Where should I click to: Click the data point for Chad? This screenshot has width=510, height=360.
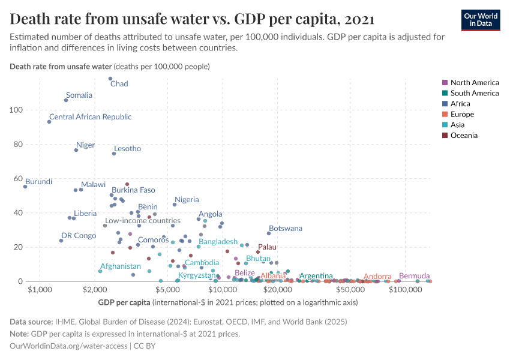coord(110,79)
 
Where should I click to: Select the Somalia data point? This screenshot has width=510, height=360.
coord(66,100)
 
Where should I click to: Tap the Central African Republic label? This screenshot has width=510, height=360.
coord(90,117)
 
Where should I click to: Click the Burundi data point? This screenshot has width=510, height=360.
coord(25,187)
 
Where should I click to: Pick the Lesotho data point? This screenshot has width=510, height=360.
coord(114,154)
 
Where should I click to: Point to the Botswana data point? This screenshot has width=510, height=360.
coord(269,233)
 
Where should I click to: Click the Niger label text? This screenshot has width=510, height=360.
coord(86,145)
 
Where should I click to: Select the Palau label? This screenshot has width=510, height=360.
coord(267,247)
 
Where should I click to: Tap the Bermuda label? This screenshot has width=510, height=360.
coord(414,276)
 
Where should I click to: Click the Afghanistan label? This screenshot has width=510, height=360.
coord(121,266)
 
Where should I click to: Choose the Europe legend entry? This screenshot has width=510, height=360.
coord(462,114)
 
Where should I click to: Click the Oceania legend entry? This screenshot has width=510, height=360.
coord(464,136)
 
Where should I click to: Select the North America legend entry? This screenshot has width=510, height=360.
coord(474,82)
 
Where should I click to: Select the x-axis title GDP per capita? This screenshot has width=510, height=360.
coord(124,302)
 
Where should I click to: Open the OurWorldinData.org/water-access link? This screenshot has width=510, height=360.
coord(68,346)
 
